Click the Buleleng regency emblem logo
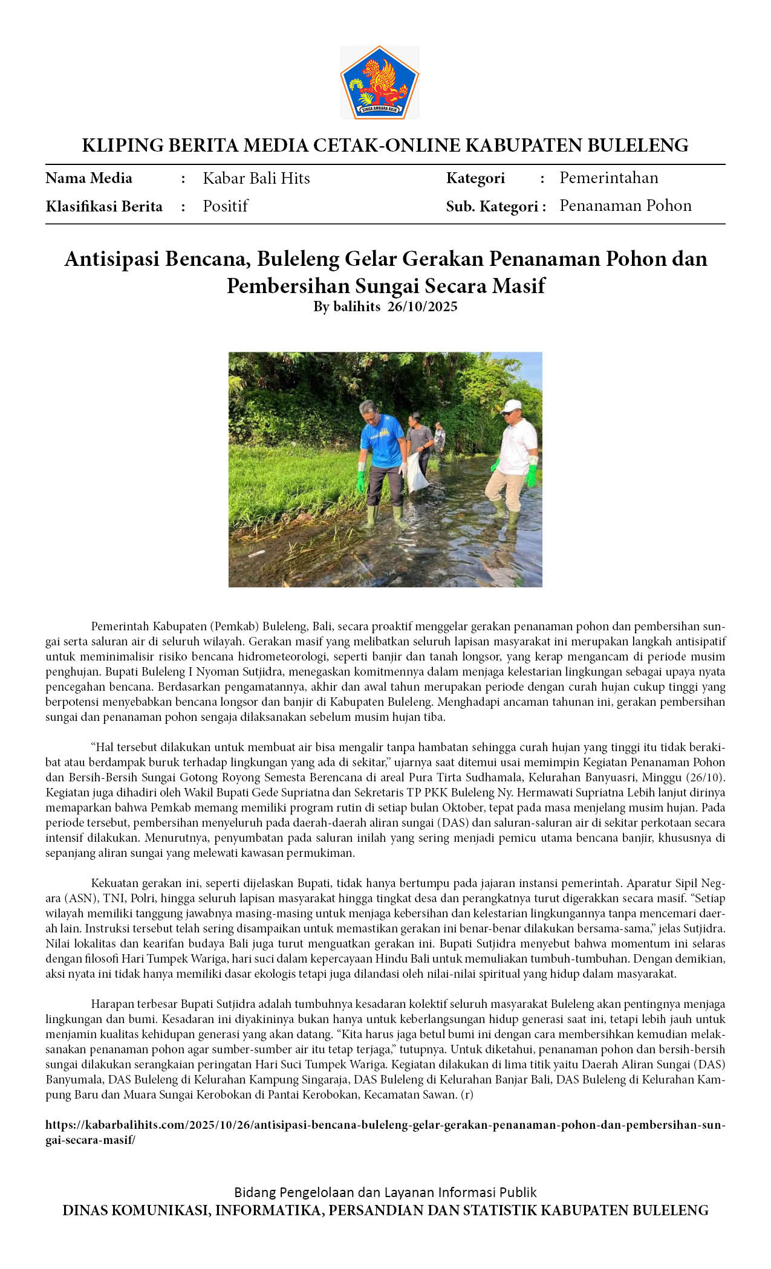[x=380, y=82]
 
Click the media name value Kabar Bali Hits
[x=256, y=178]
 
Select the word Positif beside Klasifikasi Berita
[x=225, y=206]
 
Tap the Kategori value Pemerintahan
[x=608, y=178]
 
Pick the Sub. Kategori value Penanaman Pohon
[x=625, y=205]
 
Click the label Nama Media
[x=89, y=178]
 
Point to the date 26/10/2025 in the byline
[x=422, y=306]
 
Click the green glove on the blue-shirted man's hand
[x=361, y=482]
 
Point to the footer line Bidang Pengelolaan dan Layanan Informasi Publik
[x=385, y=1192]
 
